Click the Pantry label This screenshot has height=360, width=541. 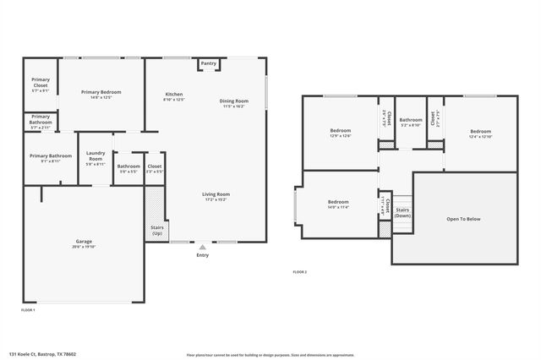(x=209, y=63)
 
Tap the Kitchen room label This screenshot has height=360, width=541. (x=173, y=94)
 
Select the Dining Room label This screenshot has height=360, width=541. (x=233, y=101)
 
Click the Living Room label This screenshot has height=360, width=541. (x=216, y=194)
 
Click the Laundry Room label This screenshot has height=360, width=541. (x=96, y=156)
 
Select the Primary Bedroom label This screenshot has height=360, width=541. (x=101, y=92)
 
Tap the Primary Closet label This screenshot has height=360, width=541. (x=41, y=83)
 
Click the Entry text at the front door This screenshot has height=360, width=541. (x=202, y=255)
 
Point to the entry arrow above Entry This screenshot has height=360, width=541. (x=202, y=247)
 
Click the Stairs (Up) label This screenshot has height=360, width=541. (x=157, y=229)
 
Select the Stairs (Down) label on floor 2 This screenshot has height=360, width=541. (x=402, y=212)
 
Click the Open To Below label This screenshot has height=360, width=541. (x=462, y=219)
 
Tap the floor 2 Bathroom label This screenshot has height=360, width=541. (x=410, y=121)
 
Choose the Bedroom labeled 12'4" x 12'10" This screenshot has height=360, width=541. (x=480, y=131)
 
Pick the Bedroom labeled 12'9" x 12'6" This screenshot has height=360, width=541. (x=340, y=131)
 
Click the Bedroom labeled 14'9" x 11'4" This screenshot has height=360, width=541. (x=338, y=202)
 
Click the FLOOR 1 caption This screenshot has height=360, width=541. (x=28, y=310)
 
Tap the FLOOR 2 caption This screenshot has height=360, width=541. (x=299, y=272)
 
